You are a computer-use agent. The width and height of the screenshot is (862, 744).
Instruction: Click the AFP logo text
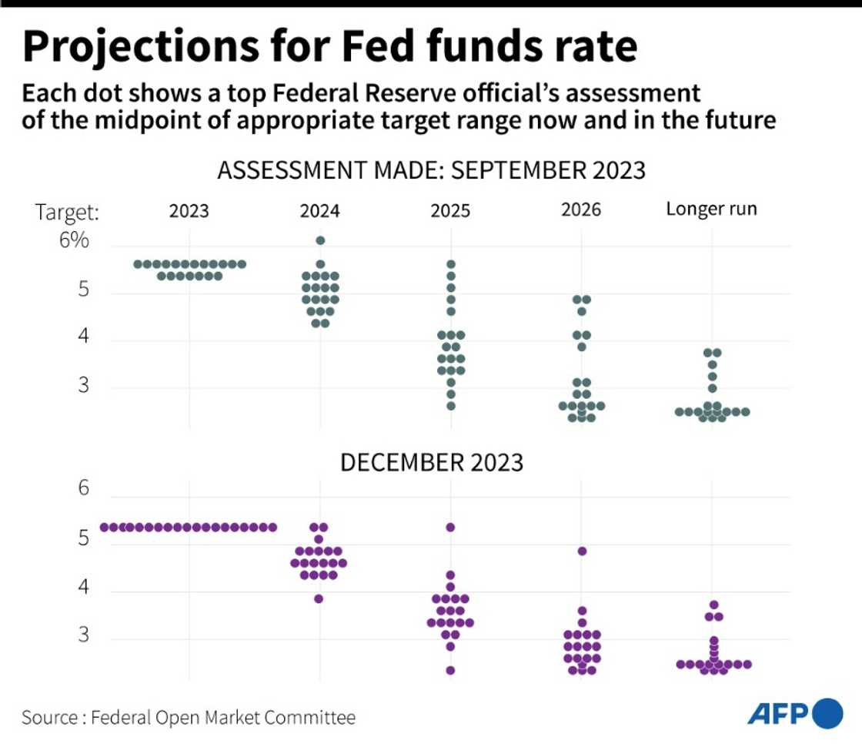pos(778,715)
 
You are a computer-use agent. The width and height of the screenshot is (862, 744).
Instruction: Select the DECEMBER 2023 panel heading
pos(432,463)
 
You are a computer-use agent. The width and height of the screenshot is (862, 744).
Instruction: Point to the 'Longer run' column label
pos(711,209)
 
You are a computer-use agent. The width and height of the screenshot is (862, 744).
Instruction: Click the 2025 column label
pos(450,210)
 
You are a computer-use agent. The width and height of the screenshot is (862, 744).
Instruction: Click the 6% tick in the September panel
pos(75,241)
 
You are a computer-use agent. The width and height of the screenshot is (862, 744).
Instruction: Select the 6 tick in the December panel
pos(82,489)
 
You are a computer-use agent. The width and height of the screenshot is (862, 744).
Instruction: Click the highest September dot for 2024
pos(320,240)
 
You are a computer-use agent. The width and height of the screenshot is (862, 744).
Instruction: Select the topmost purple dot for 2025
pos(450,528)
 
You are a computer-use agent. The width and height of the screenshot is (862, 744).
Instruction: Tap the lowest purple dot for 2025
pos(450,670)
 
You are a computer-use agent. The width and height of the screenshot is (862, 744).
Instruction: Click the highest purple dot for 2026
pos(582,551)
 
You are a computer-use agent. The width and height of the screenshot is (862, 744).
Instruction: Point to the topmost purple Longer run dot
pos(713,605)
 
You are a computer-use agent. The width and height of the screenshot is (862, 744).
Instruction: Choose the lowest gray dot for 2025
pos(450,406)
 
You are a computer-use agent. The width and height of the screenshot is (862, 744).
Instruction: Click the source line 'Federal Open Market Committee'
pos(223,718)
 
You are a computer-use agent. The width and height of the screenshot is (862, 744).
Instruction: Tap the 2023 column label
pos(189,210)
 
